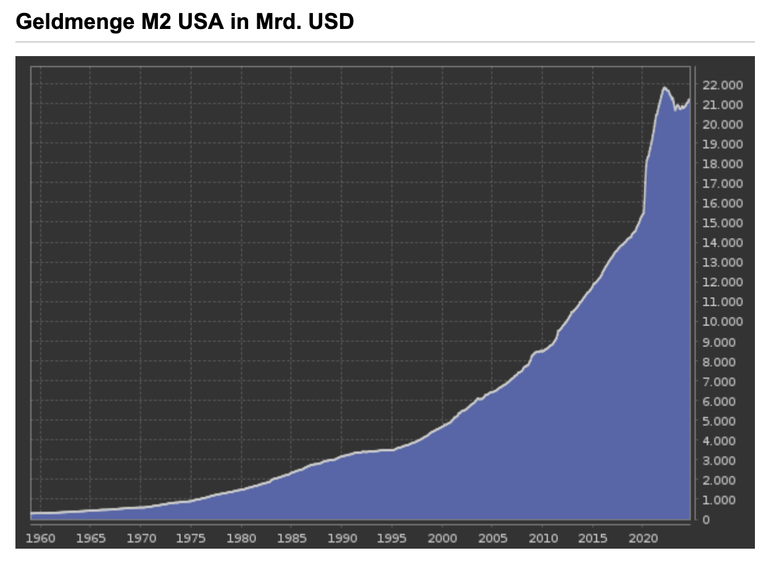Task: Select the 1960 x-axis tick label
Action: coord(41,538)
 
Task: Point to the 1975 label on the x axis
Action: coord(191,538)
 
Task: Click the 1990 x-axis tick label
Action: coord(342,538)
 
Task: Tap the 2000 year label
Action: coord(443,538)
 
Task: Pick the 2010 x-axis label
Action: coord(543,538)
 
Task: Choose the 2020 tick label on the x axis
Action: coord(643,538)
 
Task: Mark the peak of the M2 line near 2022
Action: coord(664,88)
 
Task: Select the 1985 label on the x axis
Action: coord(291,538)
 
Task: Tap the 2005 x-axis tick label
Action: coord(493,538)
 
